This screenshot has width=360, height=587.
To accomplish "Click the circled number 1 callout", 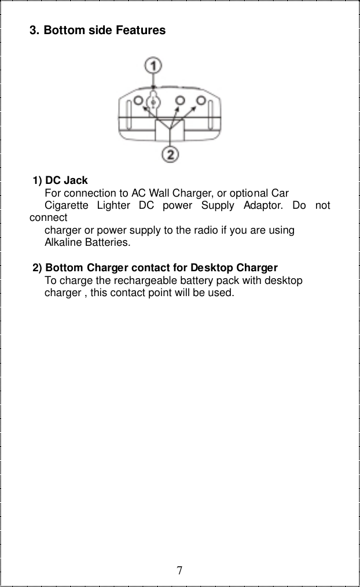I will [153, 65].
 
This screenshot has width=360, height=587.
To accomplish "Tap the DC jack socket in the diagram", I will [153, 102].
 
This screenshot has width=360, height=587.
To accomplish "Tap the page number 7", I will [180, 571].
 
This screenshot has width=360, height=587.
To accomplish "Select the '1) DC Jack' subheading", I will [61, 180].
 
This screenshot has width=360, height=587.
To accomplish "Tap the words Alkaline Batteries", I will [87, 243].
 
